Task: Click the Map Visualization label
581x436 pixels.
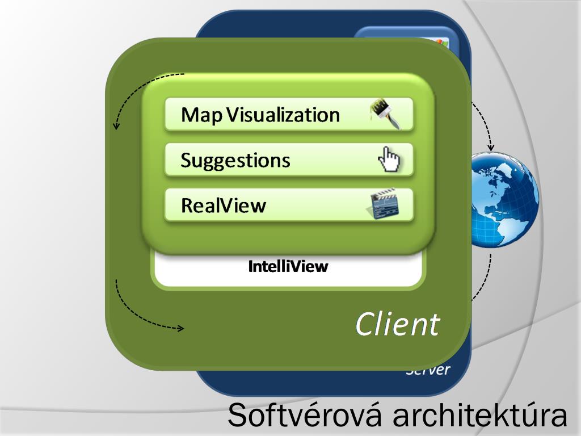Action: (260, 115)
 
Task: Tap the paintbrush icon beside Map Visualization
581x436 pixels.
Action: (385, 113)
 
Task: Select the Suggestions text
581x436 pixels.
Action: (235, 160)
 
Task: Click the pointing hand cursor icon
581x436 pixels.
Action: (389, 159)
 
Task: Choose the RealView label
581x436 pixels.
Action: (223, 205)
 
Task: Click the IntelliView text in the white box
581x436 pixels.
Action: (288, 267)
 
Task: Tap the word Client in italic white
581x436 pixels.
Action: (397, 324)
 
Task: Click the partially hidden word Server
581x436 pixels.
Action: (428, 371)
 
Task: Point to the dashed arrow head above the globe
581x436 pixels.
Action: (491, 148)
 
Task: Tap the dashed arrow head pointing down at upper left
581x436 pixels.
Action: (116, 125)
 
